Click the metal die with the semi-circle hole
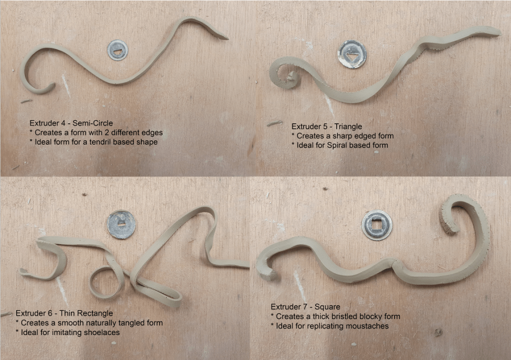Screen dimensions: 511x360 coord(118,50)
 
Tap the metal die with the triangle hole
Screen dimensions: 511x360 coord(352,54)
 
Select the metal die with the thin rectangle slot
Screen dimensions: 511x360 coord(121,225)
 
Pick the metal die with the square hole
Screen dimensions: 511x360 coord(377,225)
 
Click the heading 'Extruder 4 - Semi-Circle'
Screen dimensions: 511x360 coord(71,123)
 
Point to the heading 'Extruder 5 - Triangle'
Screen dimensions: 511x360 coord(327,126)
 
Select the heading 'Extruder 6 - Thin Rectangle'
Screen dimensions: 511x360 coord(64,314)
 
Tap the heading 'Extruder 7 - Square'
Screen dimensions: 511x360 coord(305,307)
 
